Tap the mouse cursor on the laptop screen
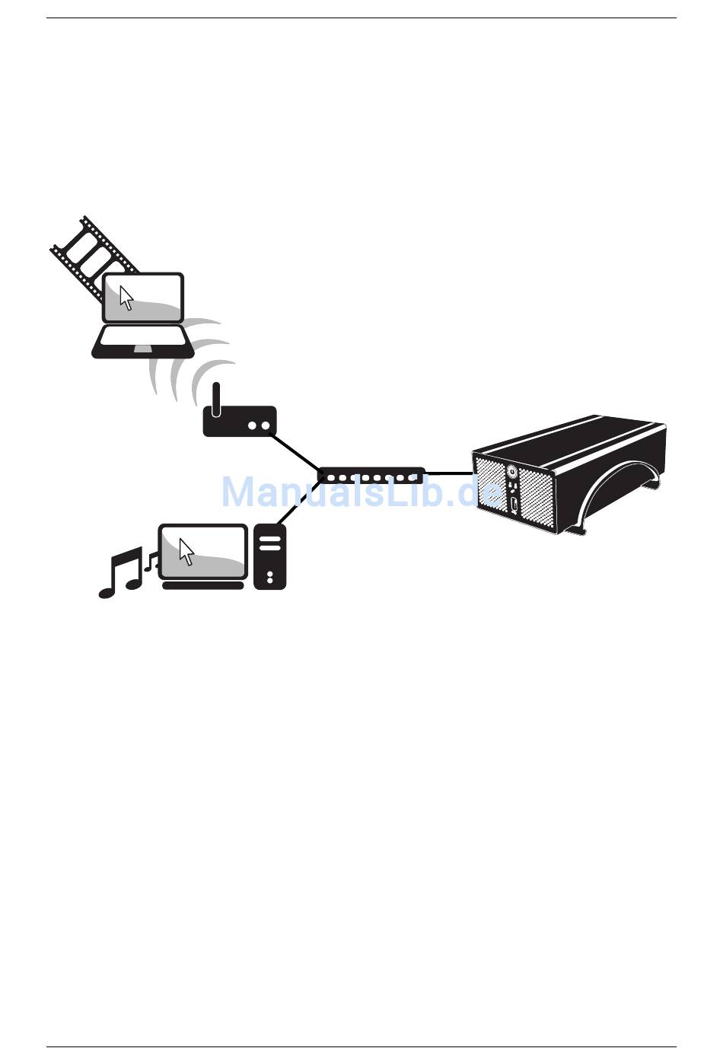click(126, 298)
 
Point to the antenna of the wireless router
click(216, 399)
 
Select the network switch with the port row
click(371, 476)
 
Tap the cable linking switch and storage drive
click(449, 473)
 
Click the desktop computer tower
click(269, 556)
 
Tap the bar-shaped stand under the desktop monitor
click(203, 585)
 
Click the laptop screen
click(144, 298)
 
